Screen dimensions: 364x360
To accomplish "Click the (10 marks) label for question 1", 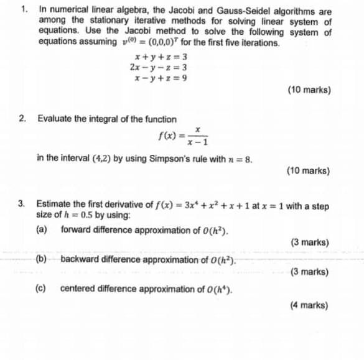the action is [x=309, y=90].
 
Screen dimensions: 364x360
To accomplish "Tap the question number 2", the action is [x=22, y=119].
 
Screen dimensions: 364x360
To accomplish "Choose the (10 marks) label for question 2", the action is [x=309, y=170].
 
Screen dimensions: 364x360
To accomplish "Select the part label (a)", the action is [x=42, y=230].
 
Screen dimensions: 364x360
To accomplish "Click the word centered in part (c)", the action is [x=77, y=288].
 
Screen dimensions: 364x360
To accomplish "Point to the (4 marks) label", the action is [x=309, y=305].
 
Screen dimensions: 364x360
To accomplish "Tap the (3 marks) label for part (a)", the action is [x=309, y=242].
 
